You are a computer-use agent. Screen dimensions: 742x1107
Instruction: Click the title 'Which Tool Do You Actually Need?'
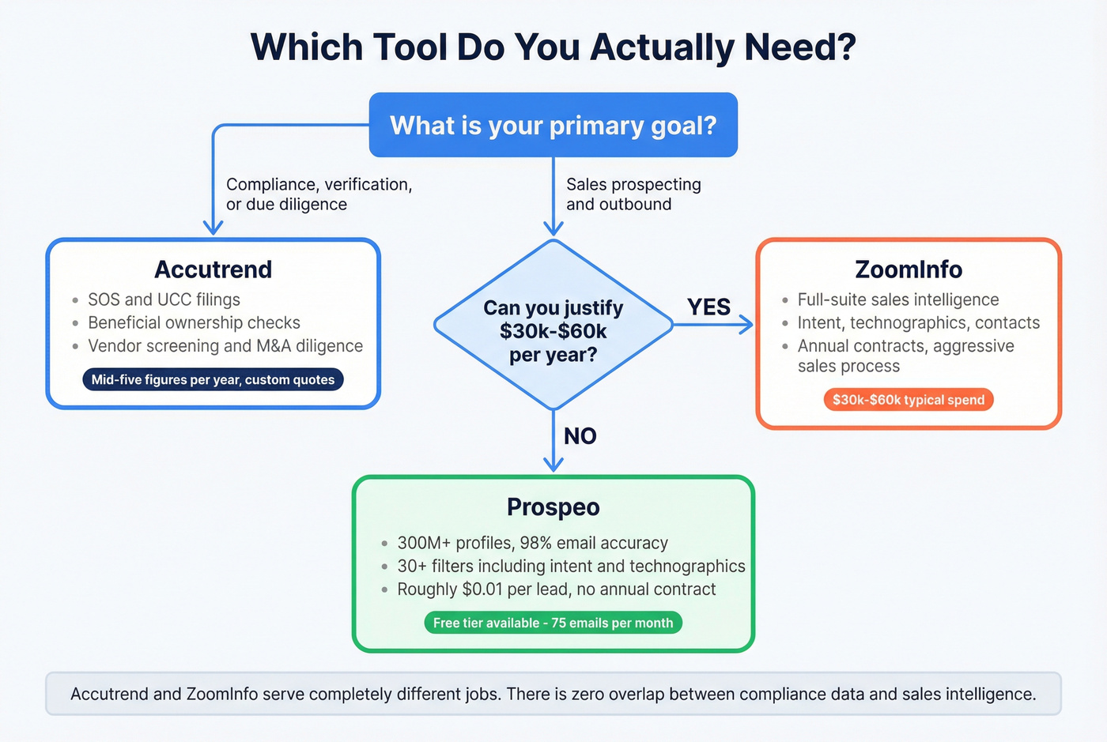[553, 47]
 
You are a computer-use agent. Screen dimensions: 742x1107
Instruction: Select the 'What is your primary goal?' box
[553, 126]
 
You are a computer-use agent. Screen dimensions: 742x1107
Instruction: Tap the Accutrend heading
[213, 269]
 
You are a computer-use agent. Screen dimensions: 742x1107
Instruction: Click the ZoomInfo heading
[909, 269]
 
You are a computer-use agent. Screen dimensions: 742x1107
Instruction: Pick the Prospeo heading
[553, 507]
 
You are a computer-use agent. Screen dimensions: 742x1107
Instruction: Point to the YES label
[708, 307]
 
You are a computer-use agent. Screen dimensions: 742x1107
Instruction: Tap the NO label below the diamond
[580, 436]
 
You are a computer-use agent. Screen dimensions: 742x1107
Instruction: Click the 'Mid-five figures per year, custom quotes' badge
[213, 380]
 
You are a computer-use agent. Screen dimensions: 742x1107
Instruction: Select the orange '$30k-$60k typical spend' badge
[908, 400]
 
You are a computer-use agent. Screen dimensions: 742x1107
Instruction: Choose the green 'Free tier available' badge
[553, 623]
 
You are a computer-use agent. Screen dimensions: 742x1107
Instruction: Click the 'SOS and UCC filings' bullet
[164, 300]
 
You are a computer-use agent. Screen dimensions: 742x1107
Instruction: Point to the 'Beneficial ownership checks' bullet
[194, 323]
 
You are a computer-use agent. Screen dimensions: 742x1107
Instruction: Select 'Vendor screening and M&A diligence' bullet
[225, 346]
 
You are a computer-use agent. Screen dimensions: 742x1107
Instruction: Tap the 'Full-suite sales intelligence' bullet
[897, 300]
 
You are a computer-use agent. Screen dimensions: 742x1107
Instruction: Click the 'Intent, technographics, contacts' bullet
[918, 323]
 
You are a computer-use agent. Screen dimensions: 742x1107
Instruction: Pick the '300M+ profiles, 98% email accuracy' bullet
[532, 543]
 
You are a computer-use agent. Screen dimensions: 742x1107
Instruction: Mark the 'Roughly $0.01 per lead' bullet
[556, 589]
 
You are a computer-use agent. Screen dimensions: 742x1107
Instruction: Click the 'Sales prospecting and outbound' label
[633, 194]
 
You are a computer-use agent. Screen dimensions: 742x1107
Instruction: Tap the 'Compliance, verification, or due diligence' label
[319, 194]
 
